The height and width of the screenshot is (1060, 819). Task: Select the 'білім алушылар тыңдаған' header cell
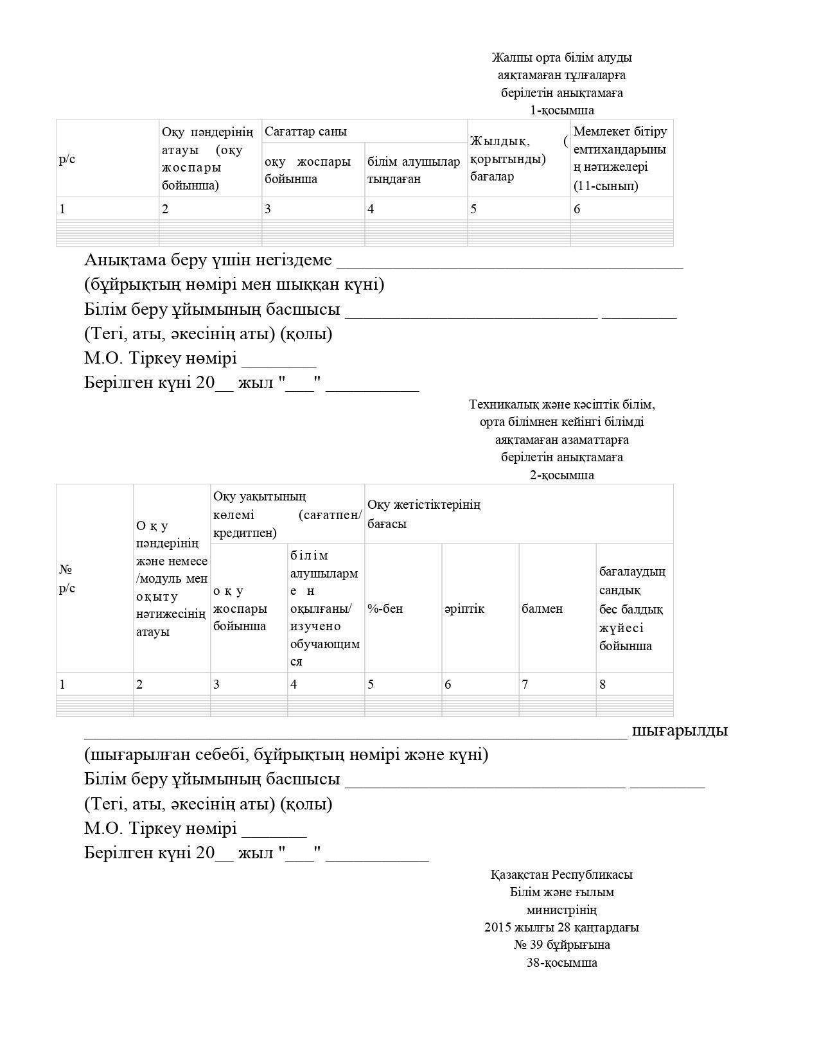tap(414, 170)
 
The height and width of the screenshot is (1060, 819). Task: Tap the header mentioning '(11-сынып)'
tap(620, 159)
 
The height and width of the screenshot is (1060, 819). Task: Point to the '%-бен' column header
tap(385, 608)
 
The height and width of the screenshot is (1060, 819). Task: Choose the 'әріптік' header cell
tap(464, 608)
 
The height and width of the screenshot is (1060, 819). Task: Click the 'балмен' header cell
tap(542, 608)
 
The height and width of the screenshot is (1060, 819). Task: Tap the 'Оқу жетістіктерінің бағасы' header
tap(424, 514)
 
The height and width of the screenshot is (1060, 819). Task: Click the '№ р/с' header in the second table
tap(67, 579)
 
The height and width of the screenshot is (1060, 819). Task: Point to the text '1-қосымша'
tap(561, 110)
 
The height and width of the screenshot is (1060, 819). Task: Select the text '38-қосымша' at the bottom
tap(561, 962)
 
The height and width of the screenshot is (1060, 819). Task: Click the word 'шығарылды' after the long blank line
tap(680, 730)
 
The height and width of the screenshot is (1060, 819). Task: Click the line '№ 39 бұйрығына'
tap(561, 945)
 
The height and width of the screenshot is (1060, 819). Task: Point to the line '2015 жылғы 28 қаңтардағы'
tap(561, 928)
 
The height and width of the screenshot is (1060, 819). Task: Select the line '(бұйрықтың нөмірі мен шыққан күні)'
tap(234, 285)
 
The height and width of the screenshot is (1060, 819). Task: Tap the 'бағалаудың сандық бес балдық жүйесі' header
tap(632, 608)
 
